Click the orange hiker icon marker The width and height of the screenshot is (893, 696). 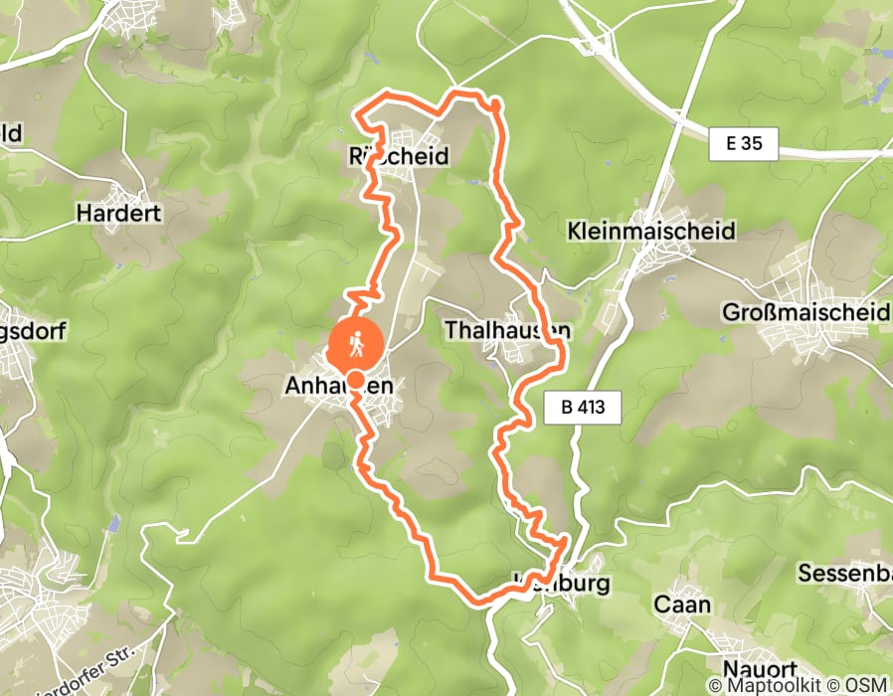click(x=355, y=344)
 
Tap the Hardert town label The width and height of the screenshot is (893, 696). click(x=118, y=213)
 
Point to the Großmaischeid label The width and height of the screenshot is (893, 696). click(x=806, y=313)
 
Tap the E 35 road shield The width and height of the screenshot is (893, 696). click(x=744, y=144)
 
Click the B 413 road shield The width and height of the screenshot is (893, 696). click(x=583, y=406)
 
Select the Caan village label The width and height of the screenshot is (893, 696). click(x=682, y=604)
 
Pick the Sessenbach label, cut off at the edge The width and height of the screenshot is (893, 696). click(x=844, y=574)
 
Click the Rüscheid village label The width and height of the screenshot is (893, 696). click(x=399, y=156)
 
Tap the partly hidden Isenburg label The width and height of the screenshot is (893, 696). click(x=557, y=583)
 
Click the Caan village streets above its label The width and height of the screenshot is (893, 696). click(x=686, y=586)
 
